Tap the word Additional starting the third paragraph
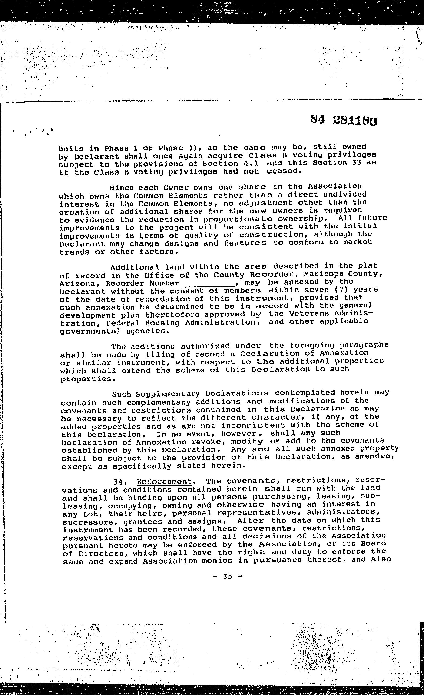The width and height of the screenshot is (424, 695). click(x=135, y=267)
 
